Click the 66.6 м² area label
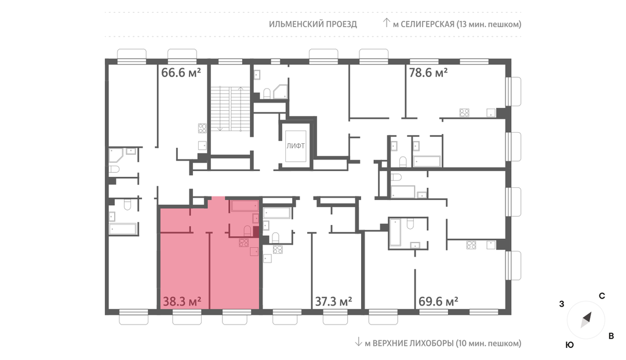(181, 72)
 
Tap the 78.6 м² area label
(428, 72)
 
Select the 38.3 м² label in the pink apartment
(181, 301)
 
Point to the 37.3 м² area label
(333, 301)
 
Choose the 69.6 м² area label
(438, 301)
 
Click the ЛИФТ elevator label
(296, 146)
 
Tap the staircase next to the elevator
(230, 108)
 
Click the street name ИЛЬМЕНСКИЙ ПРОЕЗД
(313, 24)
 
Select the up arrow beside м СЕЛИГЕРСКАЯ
(386, 23)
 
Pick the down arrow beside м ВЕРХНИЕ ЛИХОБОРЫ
(359, 342)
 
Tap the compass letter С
(602, 296)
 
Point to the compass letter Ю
(570, 345)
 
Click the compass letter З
(562, 304)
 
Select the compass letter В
(611, 336)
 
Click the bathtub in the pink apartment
(245, 206)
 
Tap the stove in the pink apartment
(243, 242)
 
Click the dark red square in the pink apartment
(256, 232)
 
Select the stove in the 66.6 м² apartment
(202, 128)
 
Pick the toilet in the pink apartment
(248, 231)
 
